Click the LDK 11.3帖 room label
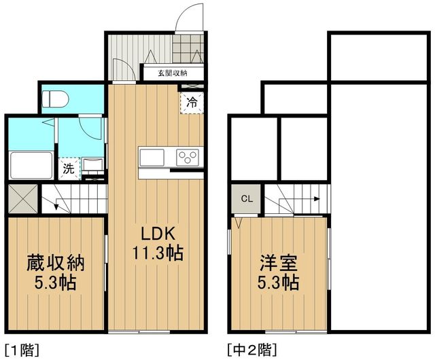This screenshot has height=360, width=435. tap(160, 243)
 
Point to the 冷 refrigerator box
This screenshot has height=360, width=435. tap(192, 103)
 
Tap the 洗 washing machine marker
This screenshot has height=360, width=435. tap(68, 169)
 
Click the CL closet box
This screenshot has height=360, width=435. tap(247, 199)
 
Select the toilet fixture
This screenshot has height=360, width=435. tap(56, 98)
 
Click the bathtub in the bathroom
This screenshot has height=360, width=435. tap(31, 164)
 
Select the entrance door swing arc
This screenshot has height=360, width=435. tap(187, 15)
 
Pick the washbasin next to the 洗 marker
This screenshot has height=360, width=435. tap(92, 164)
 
